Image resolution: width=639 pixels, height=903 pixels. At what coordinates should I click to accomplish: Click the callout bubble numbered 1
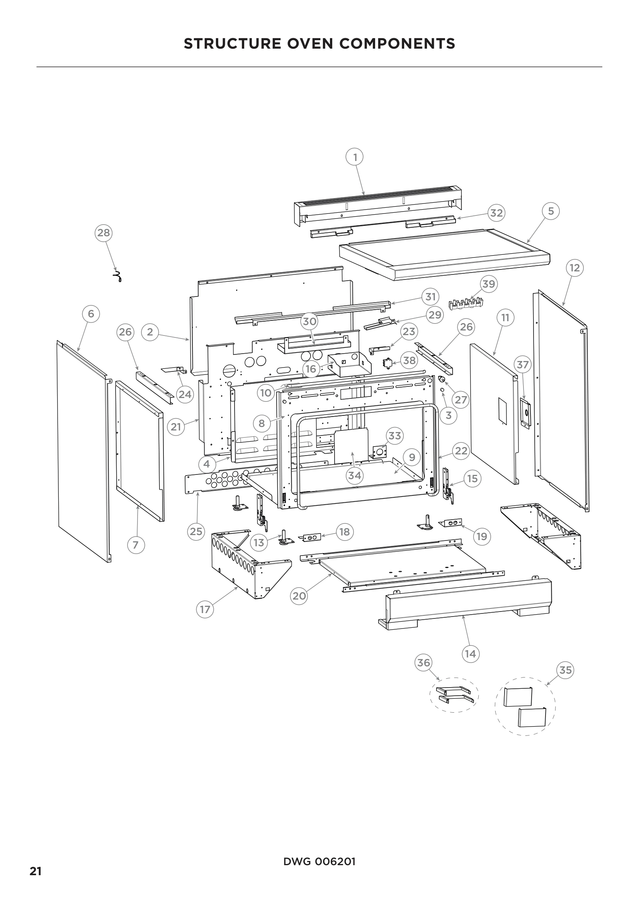click(x=355, y=157)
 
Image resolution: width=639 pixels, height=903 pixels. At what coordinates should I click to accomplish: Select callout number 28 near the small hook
click(x=104, y=233)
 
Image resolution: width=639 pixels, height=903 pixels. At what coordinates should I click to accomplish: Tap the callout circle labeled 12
click(x=574, y=268)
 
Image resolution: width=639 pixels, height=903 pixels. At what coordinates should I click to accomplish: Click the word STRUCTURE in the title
click(x=233, y=44)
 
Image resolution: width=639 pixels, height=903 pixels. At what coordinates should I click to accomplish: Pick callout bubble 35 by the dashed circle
click(x=566, y=670)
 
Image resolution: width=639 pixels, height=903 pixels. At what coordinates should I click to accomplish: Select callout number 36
click(x=423, y=663)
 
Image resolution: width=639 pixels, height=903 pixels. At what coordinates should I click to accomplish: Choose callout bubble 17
click(x=205, y=610)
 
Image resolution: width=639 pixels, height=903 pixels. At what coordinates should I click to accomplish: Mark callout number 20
click(x=299, y=596)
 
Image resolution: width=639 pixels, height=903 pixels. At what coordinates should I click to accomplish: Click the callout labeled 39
click(x=489, y=284)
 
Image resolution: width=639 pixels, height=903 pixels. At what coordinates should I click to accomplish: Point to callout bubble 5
click(x=551, y=211)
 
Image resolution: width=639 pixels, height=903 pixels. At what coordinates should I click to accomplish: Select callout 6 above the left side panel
click(x=91, y=314)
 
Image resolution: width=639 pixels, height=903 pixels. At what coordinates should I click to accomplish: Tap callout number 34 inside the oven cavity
click(x=355, y=476)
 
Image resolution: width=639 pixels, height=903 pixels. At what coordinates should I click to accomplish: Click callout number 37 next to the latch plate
click(x=523, y=364)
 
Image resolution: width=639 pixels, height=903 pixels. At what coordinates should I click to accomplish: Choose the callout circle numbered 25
click(x=196, y=532)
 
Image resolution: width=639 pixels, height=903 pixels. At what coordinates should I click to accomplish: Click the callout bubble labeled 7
click(x=136, y=545)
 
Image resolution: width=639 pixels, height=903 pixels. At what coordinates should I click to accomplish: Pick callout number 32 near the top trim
click(x=496, y=213)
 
